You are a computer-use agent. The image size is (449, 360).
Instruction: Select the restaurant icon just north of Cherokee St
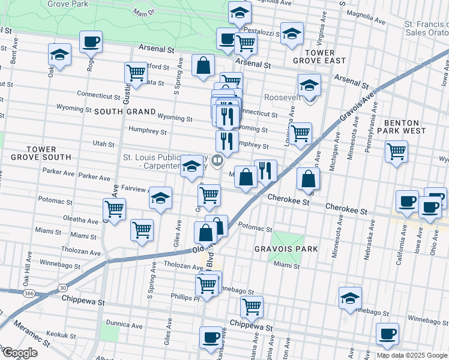tap(265, 170)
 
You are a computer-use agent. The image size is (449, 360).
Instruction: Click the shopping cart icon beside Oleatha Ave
tap(114, 209)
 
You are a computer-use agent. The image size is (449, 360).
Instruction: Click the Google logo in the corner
tap(19, 353)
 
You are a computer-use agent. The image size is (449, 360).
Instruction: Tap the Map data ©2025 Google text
tap(412, 355)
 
